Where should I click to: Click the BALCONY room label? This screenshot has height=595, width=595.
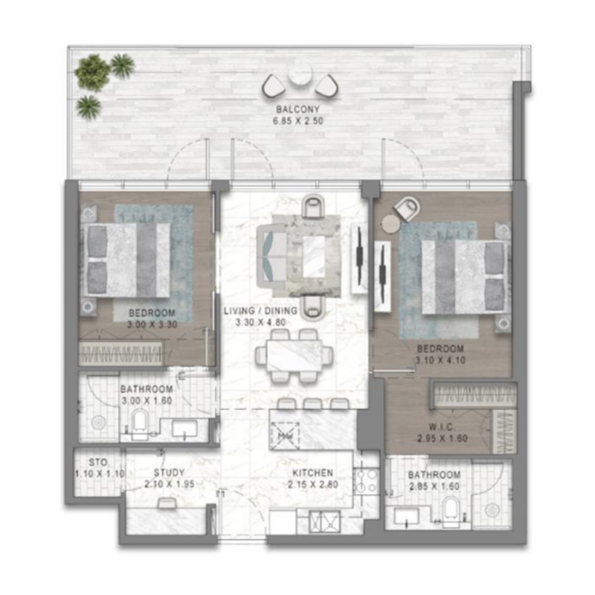coord(299,109)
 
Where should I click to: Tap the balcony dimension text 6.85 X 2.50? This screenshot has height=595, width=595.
coord(299,120)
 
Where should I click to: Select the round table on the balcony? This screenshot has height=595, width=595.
coord(300,74)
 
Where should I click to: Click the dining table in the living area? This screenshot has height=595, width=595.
coord(294,355)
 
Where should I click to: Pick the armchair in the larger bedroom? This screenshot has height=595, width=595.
coord(406,208)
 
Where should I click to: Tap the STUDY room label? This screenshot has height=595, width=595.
coord(169,472)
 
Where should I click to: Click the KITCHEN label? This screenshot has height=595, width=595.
coord(312,473)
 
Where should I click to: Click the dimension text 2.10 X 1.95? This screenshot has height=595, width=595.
coord(169,485)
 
